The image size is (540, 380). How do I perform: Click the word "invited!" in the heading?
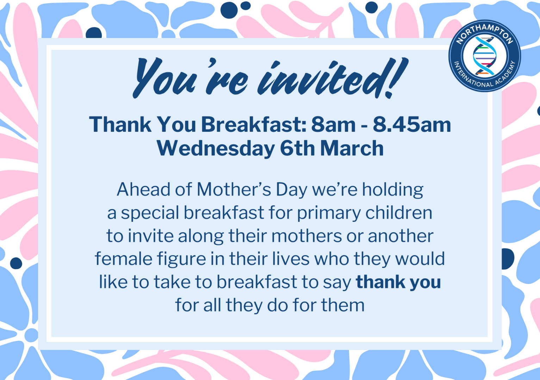point(333,77)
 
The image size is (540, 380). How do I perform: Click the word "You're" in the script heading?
point(191,77)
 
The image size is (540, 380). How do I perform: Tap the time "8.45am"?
point(412,125)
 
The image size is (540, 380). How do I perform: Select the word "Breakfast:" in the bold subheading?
point(254,125)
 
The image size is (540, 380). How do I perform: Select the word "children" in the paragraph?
point(399,213)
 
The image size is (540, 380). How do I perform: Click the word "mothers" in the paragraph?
point(307,235)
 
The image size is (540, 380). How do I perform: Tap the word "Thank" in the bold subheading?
point(120,125)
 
